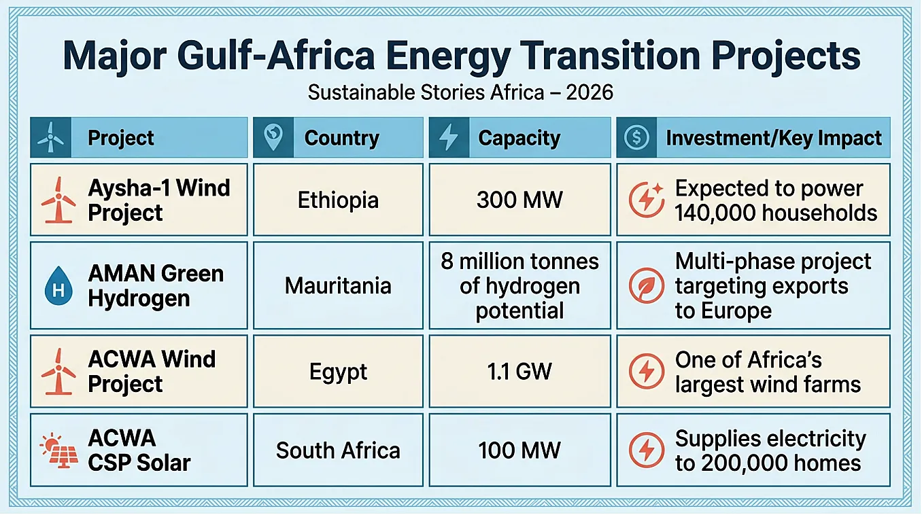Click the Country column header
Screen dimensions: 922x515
341,138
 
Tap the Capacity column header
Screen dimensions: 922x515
519,138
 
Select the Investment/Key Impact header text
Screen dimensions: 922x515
774,138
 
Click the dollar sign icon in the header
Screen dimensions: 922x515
636,137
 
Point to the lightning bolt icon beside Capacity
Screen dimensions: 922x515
449,137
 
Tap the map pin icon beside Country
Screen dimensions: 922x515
273,137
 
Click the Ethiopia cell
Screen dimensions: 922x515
338,200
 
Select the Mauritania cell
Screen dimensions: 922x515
338,286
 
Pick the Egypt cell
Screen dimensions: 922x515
338,372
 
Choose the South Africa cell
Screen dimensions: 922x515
338,450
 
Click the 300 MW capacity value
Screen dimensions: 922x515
519,200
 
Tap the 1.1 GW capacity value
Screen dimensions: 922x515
519,372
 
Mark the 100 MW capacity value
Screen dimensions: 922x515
519,450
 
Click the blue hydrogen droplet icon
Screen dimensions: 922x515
58,285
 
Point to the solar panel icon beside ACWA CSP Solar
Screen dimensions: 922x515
59,450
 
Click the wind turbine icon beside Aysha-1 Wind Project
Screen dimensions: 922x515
58,200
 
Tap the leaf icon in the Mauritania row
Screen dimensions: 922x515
646,285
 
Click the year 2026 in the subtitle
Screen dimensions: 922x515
590,92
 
